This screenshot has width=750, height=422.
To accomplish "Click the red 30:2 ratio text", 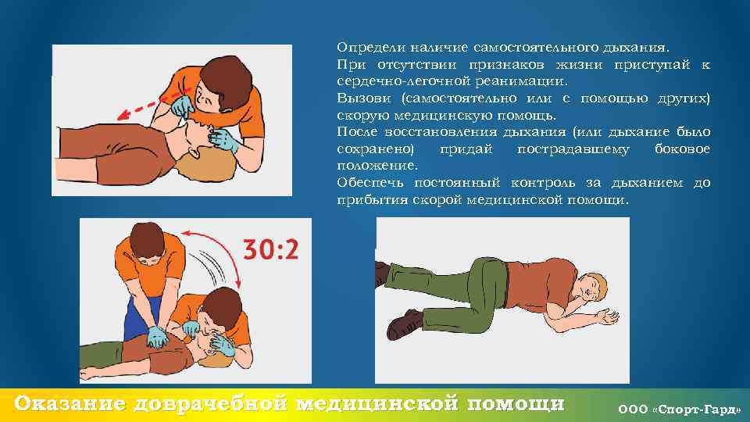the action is [x=271, y=249].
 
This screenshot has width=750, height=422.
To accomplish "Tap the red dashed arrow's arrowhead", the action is [x=124, y=114].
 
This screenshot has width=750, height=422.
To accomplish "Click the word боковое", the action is [x=683, y=148].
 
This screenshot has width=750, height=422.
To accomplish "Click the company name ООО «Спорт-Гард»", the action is [x=679, y=409].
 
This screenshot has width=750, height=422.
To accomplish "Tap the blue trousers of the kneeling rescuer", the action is [x=138, y=318].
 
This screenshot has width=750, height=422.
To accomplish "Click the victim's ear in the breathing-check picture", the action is [x=193, y=152].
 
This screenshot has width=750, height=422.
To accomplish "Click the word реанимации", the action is [x=521, y=81].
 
